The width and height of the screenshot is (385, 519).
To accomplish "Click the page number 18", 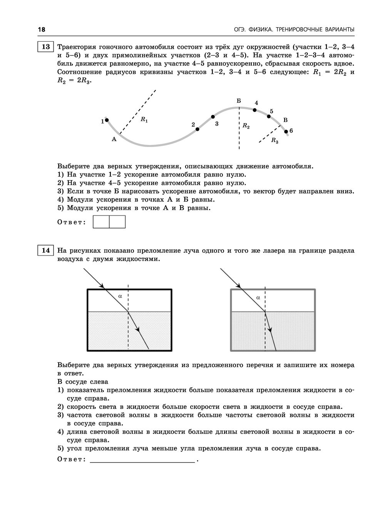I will click(42, 30).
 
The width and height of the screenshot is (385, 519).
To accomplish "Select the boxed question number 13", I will click(45, 47).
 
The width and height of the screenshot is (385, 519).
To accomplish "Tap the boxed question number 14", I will click(45, 250).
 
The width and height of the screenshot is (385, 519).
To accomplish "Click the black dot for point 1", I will click(107, 120).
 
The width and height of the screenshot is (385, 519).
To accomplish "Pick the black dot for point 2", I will click(198, 129).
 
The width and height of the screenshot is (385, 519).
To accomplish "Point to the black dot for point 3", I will click(213, 117).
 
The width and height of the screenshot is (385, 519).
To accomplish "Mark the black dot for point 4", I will click(255, 110).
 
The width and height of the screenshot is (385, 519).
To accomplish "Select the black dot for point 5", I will click(269, 116).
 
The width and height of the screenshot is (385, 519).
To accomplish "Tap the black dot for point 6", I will click(286, 132).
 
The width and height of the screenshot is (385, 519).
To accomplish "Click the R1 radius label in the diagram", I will click(144, 120).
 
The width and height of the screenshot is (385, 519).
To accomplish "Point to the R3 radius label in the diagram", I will click(275, 140).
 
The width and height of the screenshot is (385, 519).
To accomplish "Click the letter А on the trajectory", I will click(114, 139).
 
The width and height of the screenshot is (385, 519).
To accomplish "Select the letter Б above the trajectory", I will click(239, 101).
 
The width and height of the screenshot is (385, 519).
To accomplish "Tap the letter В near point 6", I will click(285, 120).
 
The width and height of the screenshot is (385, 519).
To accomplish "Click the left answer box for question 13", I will click(101, 222).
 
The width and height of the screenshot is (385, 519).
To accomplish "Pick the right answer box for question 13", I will click(117, 222).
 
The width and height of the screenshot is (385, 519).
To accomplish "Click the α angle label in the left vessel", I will click(120, 296).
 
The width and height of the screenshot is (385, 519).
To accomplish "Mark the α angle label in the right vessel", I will click(258, 297).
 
